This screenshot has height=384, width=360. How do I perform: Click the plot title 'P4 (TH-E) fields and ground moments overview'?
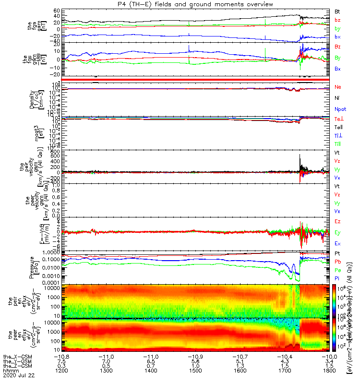180,4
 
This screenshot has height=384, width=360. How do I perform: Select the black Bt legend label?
337,11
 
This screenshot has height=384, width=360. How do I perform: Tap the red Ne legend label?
337,87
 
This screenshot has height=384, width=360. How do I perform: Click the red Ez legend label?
337,222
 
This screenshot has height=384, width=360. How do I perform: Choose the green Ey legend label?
337,233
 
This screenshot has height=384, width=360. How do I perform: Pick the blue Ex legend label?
337,244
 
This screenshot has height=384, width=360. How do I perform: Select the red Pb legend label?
337,262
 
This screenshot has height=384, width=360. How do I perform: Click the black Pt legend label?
337,253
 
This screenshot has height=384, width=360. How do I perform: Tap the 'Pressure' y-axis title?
32,266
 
